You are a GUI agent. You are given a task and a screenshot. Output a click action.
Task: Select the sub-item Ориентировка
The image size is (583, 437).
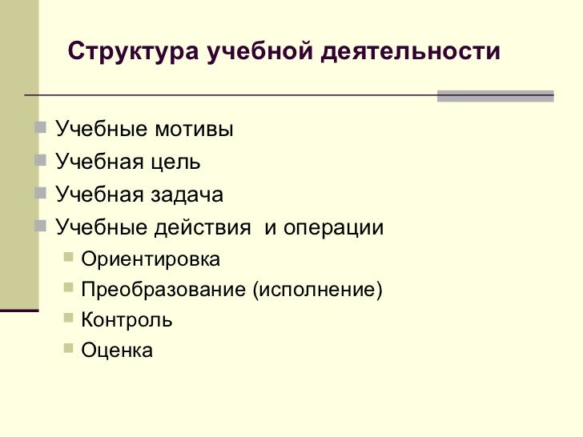coord(151,260)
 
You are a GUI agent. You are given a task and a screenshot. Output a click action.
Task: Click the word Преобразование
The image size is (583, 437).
coord(164,290)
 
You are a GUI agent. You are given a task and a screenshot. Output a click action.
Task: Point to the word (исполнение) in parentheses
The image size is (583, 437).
coord(317,290)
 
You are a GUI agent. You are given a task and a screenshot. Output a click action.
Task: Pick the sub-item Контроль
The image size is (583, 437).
coord(127,320)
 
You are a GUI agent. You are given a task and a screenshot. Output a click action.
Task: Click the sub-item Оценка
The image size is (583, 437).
coord(117,350)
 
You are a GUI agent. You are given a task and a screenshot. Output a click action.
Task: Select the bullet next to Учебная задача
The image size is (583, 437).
coord(42,193)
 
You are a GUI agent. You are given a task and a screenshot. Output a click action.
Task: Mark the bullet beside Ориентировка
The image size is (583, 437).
coord(68,258)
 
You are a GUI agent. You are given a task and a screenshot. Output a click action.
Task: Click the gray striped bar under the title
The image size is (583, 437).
coord(495,96)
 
